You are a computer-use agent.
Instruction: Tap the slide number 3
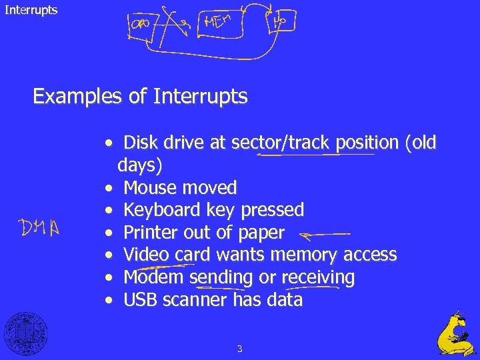(239, 349)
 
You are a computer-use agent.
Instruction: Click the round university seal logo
(26, 333)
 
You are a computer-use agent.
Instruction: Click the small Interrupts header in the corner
(31, 10)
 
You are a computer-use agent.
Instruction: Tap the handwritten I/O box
(280, 21)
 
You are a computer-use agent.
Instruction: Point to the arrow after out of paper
(325, 234)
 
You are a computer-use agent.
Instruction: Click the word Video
(147, 255)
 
